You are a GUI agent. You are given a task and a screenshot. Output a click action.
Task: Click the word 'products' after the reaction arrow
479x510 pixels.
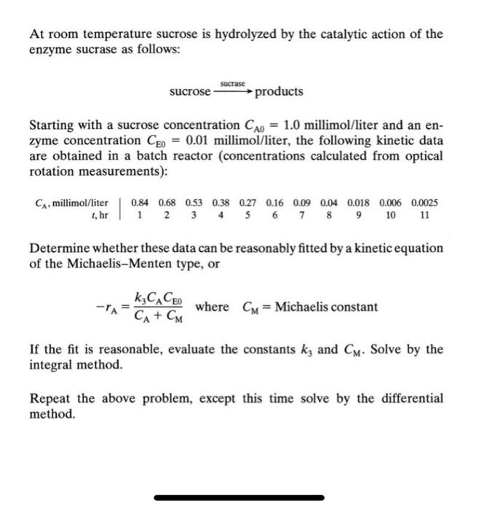point(280,92)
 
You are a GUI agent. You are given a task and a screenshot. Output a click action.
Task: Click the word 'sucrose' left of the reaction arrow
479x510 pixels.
point(189,93)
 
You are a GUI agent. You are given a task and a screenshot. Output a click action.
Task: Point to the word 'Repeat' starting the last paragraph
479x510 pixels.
point(50,398)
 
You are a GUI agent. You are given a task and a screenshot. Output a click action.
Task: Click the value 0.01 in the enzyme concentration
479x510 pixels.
point(199,141)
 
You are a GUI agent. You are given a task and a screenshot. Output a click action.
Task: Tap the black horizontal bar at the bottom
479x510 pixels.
point(239,498)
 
